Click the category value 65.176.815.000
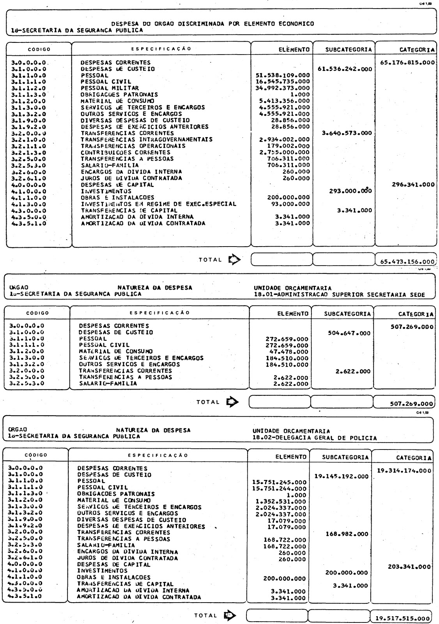pos(407,62)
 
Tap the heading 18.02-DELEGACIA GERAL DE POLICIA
pos(315,438)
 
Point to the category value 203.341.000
pos(409,567)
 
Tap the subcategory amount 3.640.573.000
pos(347,133)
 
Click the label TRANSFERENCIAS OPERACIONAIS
pos(133,146)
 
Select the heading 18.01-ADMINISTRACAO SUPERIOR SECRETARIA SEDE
pos(339,294)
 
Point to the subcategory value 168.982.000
pos(347,534)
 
